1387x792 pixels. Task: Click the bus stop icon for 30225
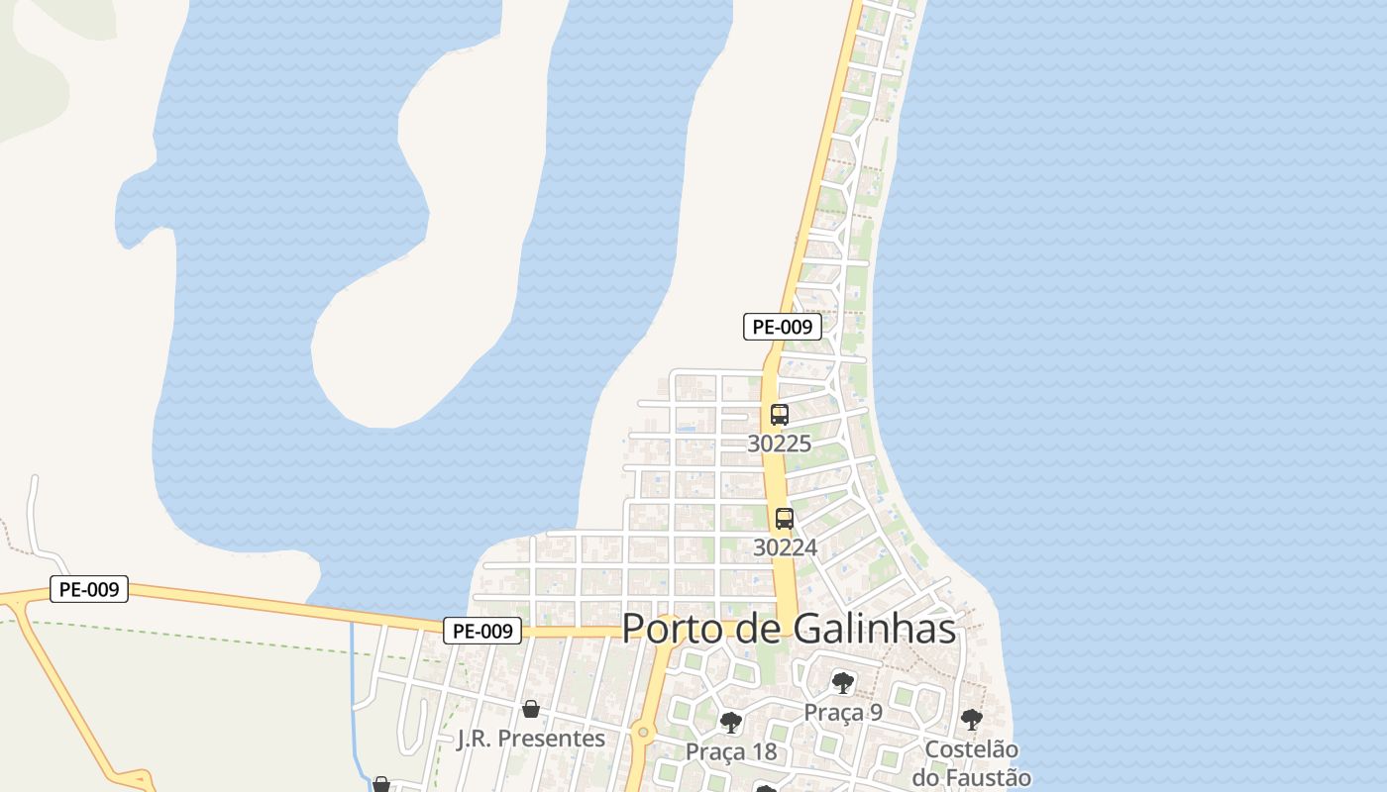pyautogui.click(x=780, y=415)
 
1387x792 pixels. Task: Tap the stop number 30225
pyautogui.click(x=779, y=444)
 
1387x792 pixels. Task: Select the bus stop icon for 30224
pyautogui.click(x=785, y=518)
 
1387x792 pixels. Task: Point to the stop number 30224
pyautogui.click(x=785, y=546)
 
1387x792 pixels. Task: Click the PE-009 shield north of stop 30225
pyautogui.click(x=783, y=327)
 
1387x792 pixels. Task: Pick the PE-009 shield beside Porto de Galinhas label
pyautogui.click(x=482, y=631)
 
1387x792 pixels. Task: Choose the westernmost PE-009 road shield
pyautogui.click(x=89, y=589)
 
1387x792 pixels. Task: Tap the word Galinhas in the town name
pyautogui.click(x=875, y=629)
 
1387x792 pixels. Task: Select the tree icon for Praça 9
pyautogui.click(x=843, y=682)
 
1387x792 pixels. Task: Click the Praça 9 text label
pyautogui.click(x=843, y=712)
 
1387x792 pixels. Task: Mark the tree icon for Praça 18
pyautogui.click(x=731, y=723)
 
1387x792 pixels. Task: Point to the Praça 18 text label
pyautogui.click(x=731, y=752)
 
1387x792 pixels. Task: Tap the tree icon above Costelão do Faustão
pyautogui.click(x=972, y=720)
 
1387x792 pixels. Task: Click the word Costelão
pyautogui.click(x=972, y=749)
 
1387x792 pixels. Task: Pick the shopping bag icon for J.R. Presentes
pyautogui.click(x=531, y=709)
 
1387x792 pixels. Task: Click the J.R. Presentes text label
pyautogui.click(x=531, y=739)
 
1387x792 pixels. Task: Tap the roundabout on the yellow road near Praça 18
pyautogui.click(x=643, y=733)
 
